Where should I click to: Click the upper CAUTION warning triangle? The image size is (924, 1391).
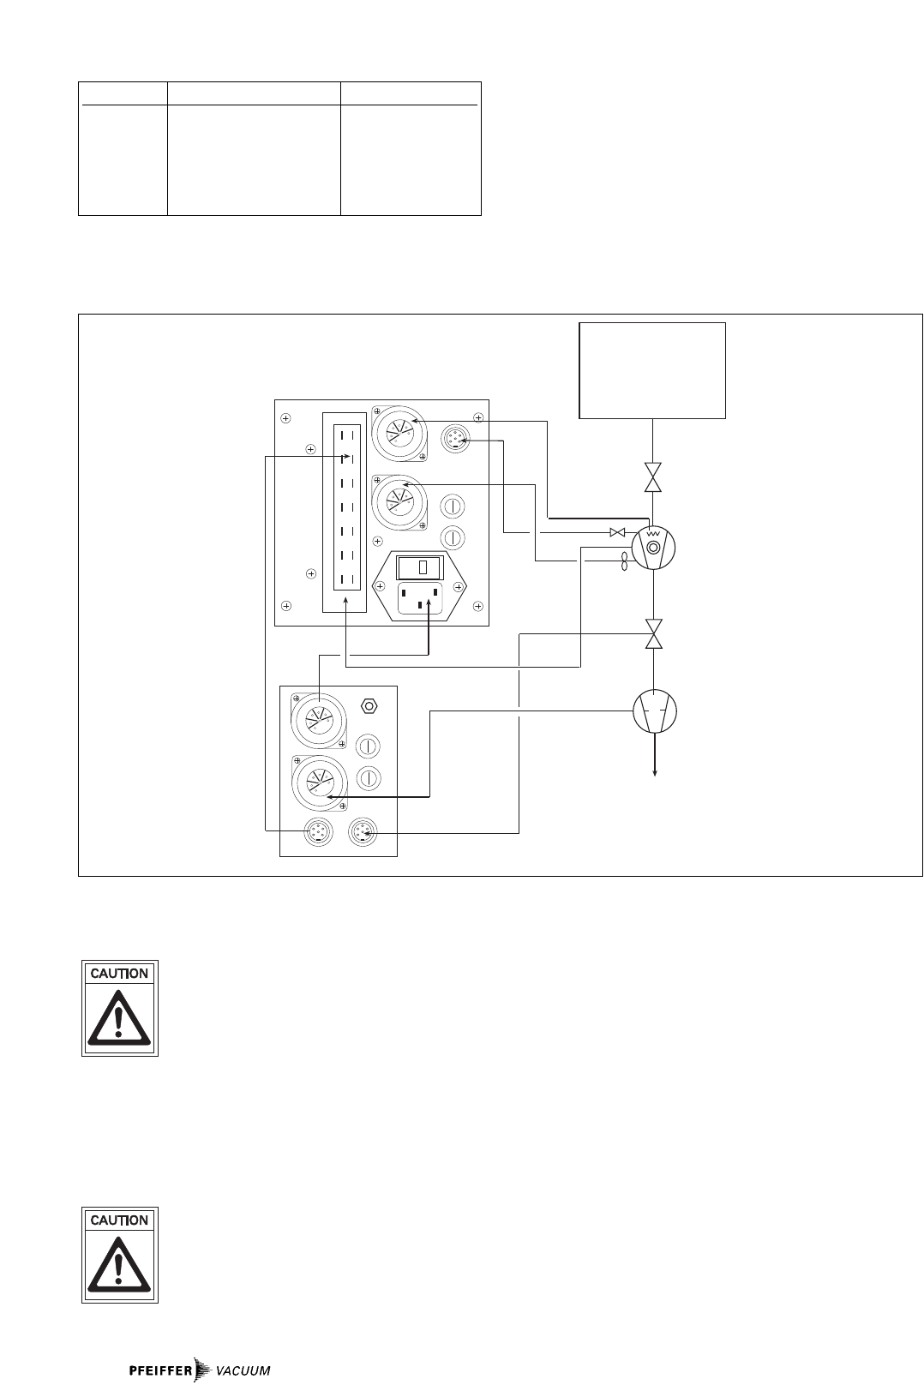(120, 1017)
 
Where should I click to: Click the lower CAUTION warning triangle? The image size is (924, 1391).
(120, 1264)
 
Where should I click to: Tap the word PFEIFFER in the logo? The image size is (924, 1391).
(160, 1370)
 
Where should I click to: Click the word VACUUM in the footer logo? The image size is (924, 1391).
(243, 1370)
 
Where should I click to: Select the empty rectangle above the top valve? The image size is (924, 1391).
(652, 370)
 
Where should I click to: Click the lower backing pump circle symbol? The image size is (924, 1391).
(654, 710)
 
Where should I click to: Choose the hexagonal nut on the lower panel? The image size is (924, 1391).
(369, 705)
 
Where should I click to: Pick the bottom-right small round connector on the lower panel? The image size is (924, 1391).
(362, 830)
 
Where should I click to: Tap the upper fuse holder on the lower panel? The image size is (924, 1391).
(369, 744)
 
